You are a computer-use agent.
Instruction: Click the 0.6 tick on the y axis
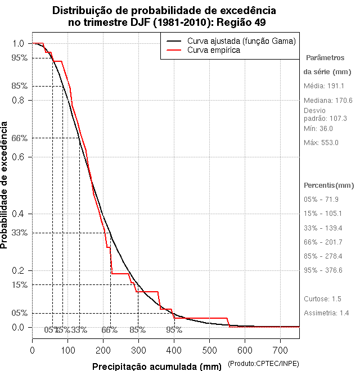[x=19, y=157]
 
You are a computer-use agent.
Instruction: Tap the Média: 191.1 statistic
[x=323, y=86]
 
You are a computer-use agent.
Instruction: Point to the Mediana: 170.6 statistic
[x=327, y=101]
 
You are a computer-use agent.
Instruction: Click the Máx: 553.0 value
[x=321, y=143]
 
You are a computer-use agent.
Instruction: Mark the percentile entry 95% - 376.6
[x=323, y=270]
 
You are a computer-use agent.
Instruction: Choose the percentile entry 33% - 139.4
[x=323, y=228]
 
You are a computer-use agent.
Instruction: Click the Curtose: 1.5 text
[x=322, y=298]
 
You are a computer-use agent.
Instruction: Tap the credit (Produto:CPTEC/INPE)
[x=263, y=365]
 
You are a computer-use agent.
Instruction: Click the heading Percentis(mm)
[x=328, y=185]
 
